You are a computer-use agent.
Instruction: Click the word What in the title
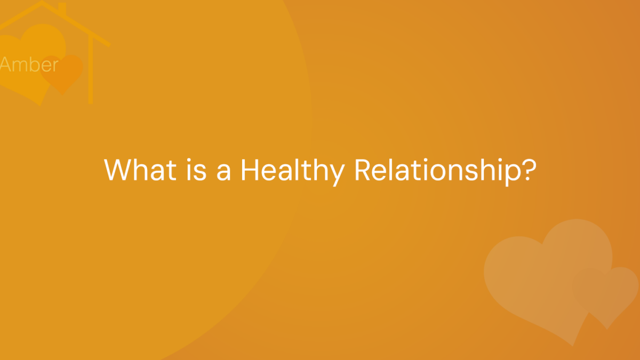click(140, 170)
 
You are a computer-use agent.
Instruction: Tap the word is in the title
click(196, 170)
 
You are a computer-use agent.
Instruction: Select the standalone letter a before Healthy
click(223, 173)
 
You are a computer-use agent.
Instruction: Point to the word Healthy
click(293, 171)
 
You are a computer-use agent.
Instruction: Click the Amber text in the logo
click(29, 65)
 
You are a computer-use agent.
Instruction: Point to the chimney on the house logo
click(62, 9)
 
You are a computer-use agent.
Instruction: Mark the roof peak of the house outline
click(42, 2)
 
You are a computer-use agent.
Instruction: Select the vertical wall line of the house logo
click(91, 69)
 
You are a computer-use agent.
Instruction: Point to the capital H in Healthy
click(250, 170)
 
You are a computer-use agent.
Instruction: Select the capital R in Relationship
click(362, 170)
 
